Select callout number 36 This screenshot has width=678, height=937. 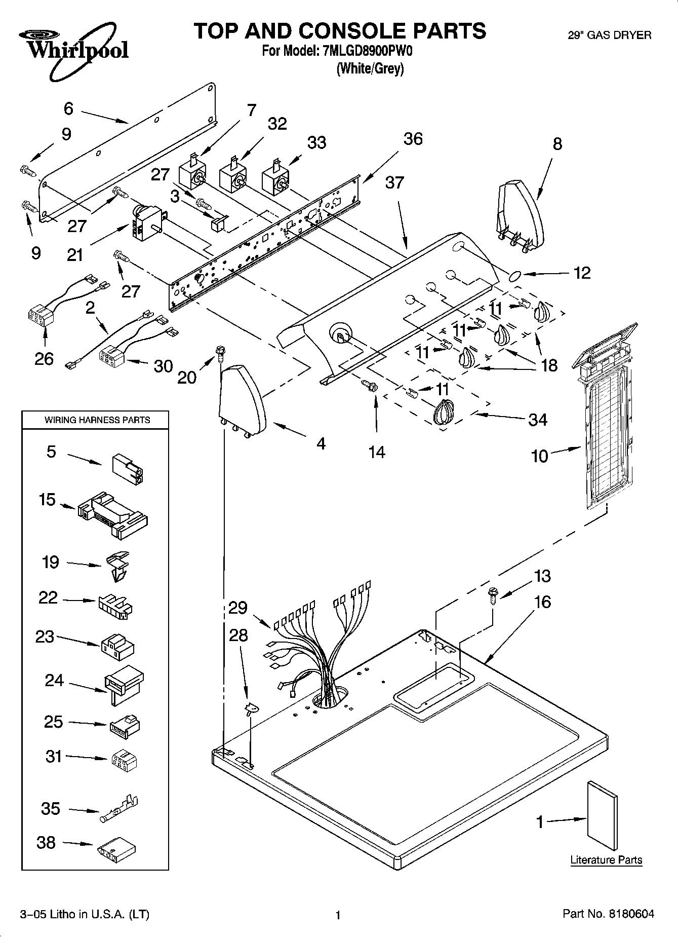click(413, 139)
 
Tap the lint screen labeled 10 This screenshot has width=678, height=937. click(606, 431)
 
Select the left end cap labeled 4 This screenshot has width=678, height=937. click(242, 400)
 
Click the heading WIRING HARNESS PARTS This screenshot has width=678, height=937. click(97, 420)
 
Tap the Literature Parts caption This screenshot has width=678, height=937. click(606, 859)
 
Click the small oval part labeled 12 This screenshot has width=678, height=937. click(514, 276)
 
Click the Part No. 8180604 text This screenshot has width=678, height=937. click(608, 914)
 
